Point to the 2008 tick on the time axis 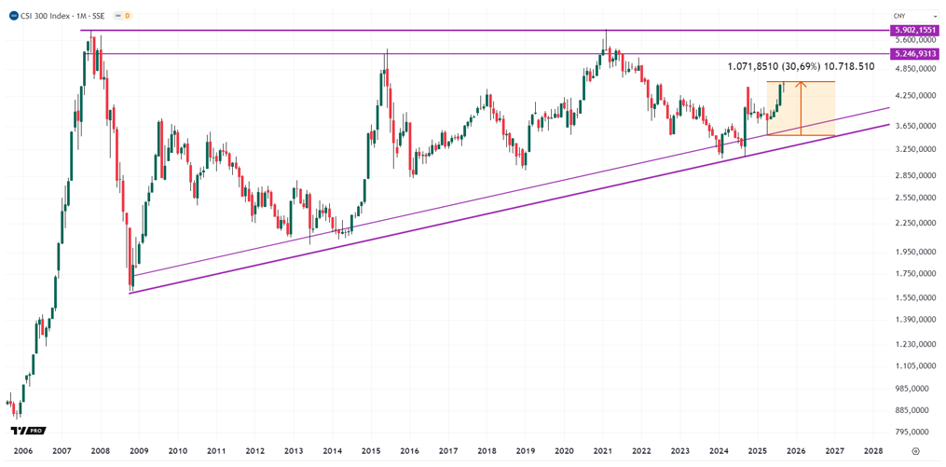(x=101, y=449)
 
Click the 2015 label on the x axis (x=370, y=449)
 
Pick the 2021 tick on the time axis (x=602, y=449)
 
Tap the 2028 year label (x=873, y=449)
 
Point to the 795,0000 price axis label (x=912, y=432)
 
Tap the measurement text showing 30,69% (x=801, y=67)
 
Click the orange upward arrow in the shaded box (x=802, y=107)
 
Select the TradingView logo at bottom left (x=28, y=431)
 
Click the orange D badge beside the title (x=128, y=16)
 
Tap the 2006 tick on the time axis (x=23, y=449)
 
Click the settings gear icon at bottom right (x=912, y=449)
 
